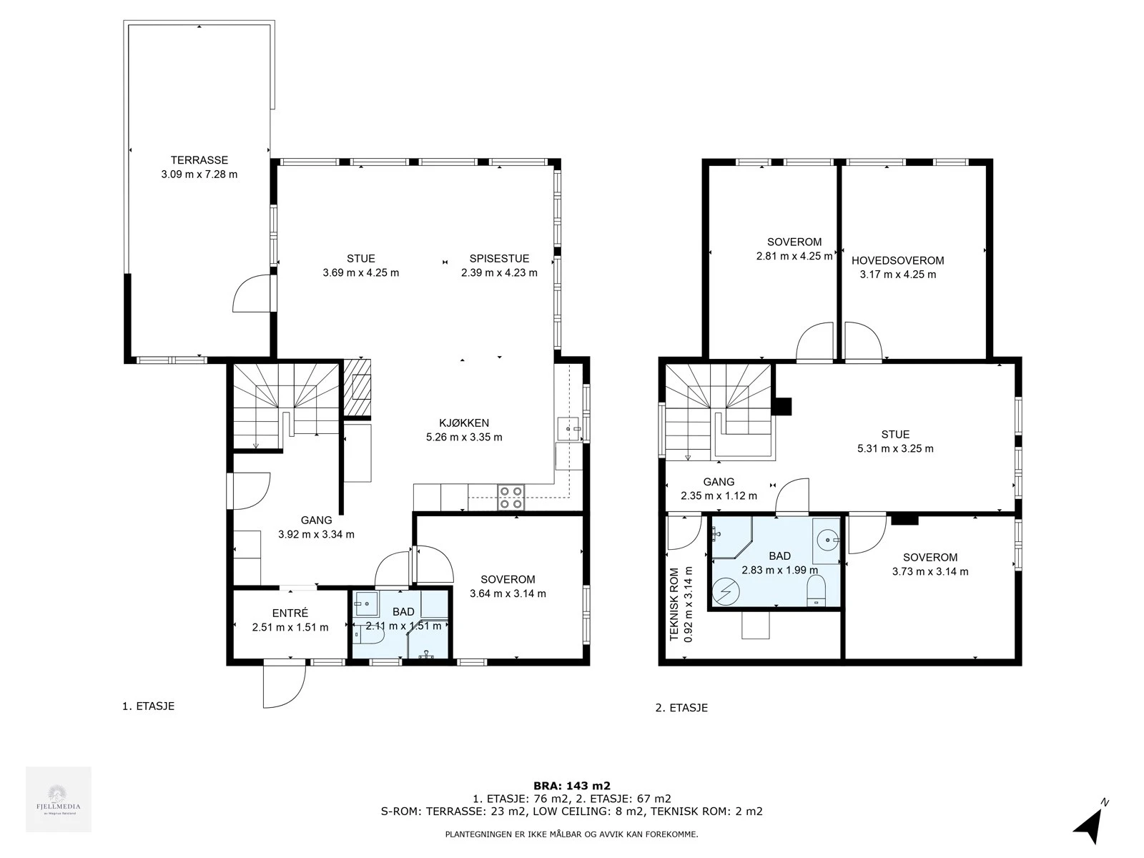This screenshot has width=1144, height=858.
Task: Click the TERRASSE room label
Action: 199,160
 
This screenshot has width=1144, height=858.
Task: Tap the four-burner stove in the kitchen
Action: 511,497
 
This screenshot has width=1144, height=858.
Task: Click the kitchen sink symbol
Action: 570,429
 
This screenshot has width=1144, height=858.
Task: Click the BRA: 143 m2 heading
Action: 571,785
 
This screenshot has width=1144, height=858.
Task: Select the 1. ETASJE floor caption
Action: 148,706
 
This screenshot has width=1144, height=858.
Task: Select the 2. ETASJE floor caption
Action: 681,708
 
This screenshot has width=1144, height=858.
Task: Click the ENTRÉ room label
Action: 290,613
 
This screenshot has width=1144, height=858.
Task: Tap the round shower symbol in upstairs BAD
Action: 727,591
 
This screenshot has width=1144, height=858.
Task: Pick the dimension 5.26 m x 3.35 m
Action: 464,437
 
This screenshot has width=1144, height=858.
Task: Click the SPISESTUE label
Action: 499,259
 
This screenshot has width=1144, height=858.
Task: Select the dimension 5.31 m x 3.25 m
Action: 895,449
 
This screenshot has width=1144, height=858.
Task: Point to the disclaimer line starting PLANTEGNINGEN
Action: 571,834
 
